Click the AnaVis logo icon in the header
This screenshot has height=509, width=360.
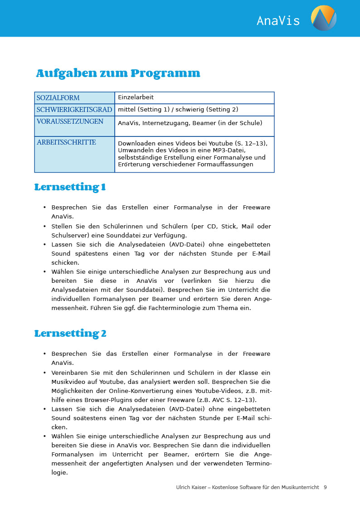(x=324, y=18)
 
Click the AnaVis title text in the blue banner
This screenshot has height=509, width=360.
(x=278, y=21)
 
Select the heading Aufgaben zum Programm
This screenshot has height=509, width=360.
(x=118, y=73)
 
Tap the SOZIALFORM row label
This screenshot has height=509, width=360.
(x=58, y=98)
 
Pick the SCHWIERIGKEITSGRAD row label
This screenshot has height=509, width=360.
(x=74, y=110)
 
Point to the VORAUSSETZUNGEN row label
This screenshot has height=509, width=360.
(x=70, y=121)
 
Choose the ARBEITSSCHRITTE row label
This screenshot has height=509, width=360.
(x=66, y=142)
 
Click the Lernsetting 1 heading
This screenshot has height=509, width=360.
(x=70, y=187)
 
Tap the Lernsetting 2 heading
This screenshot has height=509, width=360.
(x=70, y=334)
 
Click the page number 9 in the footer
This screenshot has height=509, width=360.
(x=325, y=487)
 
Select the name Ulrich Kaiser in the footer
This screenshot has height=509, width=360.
(x=190, y=487)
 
